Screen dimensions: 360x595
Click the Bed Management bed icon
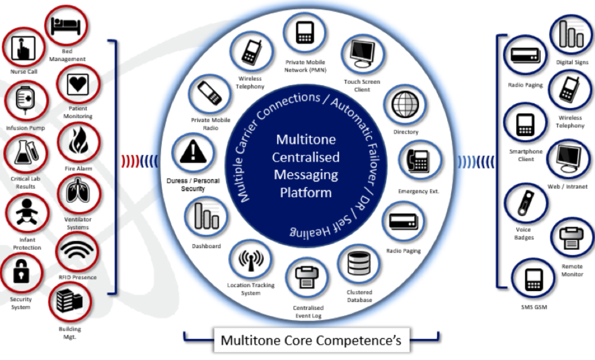pos(66,25)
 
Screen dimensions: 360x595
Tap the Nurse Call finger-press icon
pos(23,48)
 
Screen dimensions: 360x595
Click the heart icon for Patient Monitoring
pos(78,85)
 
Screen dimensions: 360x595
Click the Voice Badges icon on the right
pos(525,206)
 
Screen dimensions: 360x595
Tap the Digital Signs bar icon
pos(571,36)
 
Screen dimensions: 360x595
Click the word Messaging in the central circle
pos(306,175)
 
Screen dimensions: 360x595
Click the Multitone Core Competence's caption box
pos(311,340)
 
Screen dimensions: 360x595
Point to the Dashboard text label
pos(206,246)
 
